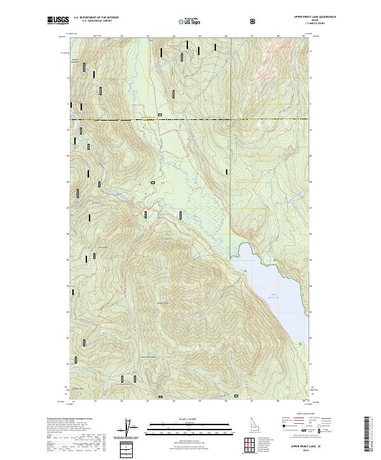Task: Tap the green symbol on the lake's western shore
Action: click(x=245, y=271)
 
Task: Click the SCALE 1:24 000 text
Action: click(x=182, y=418)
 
